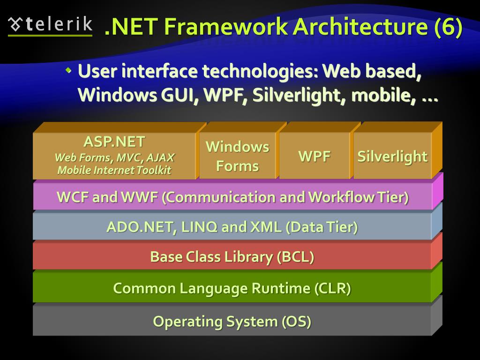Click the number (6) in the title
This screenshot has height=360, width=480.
(x=448, y=27)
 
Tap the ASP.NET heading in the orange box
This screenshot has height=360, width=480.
(x=114, y=142)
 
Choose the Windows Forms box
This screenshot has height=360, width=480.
(x=237, y=156)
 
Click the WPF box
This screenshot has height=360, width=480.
(x=315, y=157)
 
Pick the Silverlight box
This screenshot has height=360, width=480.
(x=392, y=157)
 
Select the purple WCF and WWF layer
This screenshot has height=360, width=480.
(x=232, y=197)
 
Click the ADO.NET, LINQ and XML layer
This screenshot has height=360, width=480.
(x=232, y=227)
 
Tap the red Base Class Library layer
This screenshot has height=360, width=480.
(x=232, y=257)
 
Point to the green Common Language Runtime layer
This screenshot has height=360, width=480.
(x=232, y=288)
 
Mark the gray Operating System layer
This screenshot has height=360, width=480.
(x=232, y=322)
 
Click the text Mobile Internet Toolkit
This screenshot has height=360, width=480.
(x=114, y=170)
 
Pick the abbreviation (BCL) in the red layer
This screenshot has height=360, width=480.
(x=296, y=257)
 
